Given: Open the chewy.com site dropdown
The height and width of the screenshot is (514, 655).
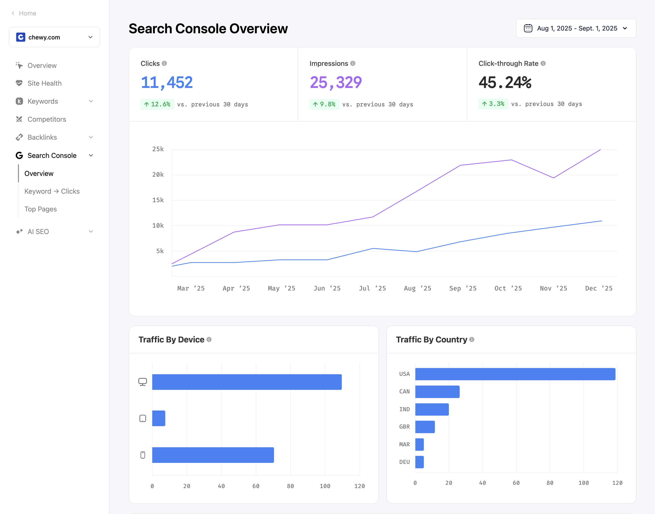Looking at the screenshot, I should click(x=54, y=37).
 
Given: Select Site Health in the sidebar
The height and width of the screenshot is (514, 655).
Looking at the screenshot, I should click(x=44, y=83).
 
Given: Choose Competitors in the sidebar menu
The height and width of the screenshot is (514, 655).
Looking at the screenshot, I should click(x=47, y=119).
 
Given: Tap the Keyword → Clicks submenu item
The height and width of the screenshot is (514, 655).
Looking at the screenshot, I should click(x=52, y=191).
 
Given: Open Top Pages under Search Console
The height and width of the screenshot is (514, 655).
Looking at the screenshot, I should click(x=40, y=209).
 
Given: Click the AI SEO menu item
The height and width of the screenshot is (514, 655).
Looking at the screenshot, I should click(x=38, y=232).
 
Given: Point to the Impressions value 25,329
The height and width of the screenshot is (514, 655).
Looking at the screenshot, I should click(x=336, y=82).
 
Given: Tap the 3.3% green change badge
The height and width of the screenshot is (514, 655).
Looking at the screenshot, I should click(x=493, y=104).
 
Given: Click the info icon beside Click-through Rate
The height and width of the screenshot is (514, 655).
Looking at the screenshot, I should click(x=543, y=64).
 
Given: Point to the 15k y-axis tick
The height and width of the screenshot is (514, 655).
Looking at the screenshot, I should click(x=158, y=200).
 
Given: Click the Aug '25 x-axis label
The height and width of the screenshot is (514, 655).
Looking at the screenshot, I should click(x=417, y=288).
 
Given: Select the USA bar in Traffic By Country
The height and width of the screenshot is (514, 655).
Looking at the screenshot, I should click(x=515, y=374).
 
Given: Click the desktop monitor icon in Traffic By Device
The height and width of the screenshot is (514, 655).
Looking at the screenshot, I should click(x=143, y=382).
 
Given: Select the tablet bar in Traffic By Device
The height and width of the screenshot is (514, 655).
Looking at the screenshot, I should click(x=159, y=418).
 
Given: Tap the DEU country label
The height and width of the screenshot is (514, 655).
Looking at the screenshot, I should click(x=404, y=462).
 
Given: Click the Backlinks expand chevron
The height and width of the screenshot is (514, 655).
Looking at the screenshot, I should click(x=91, y=137).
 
